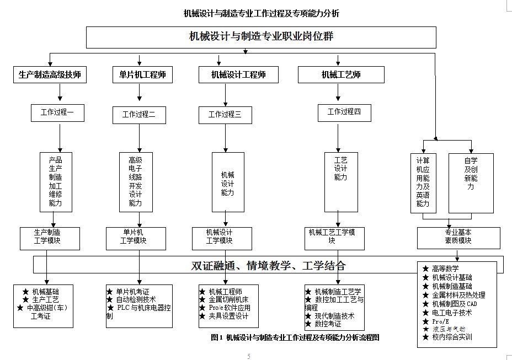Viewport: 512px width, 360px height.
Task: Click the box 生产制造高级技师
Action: pos(50,75)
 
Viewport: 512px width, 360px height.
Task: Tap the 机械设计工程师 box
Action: pos(238,75)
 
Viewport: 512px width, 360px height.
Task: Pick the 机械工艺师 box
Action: pos(341,75)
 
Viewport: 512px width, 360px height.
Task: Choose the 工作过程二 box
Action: pos(139,115)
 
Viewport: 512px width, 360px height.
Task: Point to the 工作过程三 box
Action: pos(225,115)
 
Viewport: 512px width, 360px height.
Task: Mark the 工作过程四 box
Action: pos(344,112)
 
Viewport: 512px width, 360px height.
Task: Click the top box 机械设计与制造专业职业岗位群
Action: pos(261,37)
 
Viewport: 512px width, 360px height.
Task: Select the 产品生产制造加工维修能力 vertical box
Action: pos(56,182)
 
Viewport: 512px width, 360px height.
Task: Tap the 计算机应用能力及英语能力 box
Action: pos(423,182)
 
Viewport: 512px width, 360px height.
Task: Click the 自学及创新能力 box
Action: pos(471,182)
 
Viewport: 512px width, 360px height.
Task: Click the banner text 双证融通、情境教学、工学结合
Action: pos(268,265)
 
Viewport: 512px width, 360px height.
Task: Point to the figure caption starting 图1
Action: pos(295,337)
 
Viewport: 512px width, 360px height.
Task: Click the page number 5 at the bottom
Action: pos(248,356)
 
